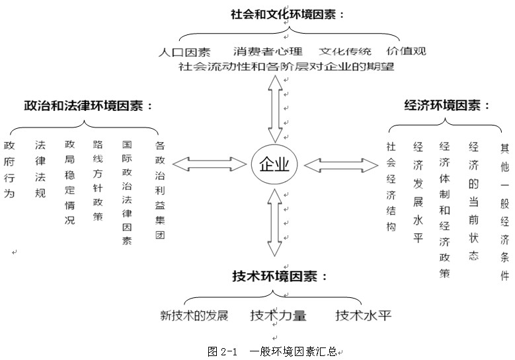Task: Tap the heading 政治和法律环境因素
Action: click(x=88, y=106)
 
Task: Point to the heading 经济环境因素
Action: click(x=447, y=105)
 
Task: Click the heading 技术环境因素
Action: click(x=280, y=276)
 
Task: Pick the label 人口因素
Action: click(x=185, y=52)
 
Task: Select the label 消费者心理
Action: click(x=268, y=52)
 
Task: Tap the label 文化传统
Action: click(x=345, y=52)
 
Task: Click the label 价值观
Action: click(x=407, y=52)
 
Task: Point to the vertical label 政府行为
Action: click(x=9, y=160)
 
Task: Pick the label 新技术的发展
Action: click(x=194, y=315)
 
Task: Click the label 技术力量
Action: click(x=278, y=315)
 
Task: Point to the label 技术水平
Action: click(x=363, y=315)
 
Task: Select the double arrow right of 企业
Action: click(x=341, y=164)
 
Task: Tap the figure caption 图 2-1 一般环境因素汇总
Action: click(x=272, y=351)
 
